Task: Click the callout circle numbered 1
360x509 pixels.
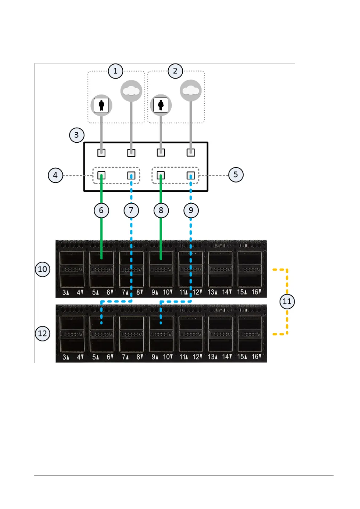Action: point(115,71)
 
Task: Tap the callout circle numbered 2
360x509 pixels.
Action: point(175,71)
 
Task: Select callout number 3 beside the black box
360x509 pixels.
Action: point(76,135)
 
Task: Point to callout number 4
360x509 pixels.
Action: point(55,175)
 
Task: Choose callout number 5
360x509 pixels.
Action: point(236,175)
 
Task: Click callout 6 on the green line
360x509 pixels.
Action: point(101,210)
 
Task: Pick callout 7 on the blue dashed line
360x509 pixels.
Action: point(131,210)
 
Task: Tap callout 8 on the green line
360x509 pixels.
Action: point(161,210)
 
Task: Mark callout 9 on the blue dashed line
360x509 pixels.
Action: point(191,210)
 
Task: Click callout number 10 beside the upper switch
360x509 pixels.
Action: point(43,269)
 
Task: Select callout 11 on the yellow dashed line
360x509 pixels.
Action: point(287,301)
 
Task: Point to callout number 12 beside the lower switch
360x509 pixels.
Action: point(43,333)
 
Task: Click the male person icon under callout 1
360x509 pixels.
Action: point(101,105)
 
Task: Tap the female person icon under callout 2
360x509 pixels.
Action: point(161,105)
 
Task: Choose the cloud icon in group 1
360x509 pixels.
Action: point(131,90)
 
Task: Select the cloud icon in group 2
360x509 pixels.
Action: point(191,90)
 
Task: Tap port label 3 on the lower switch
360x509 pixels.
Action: point(65,357)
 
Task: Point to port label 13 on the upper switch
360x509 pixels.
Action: point(212,292)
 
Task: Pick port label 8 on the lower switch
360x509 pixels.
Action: point(139,357)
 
